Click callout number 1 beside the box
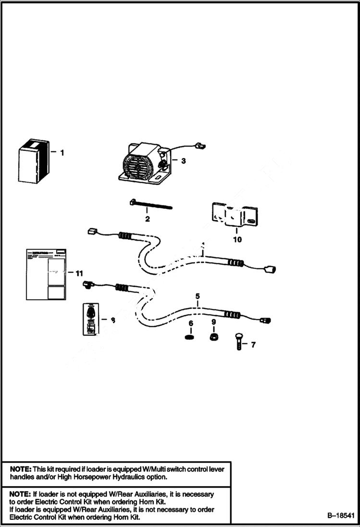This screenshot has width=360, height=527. pyautogui.click(x=62, y=153)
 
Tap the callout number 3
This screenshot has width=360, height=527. pyautogui.click(x=183, y=161)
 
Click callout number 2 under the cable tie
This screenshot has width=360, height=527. pyautogui.click(x=148, y=219)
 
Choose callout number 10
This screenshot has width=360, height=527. pyautogui.click(x=237, y=239)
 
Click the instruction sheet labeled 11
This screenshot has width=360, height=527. pyautogui.click(x=46, y=274)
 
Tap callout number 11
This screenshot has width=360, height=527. pyautogui.click(x=79, y=273)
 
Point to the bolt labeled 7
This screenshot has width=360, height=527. pyautogui.click(x=239, y=342)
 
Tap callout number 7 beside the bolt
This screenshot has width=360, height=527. pyautogui.click(x=253, y=344)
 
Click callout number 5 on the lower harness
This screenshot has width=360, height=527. pyautogui.click(x=197, y=296)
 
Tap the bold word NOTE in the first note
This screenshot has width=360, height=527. pyautogui.click(x=20, y=469)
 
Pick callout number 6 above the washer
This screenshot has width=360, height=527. pyautogui.click(x=191, y=324)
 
